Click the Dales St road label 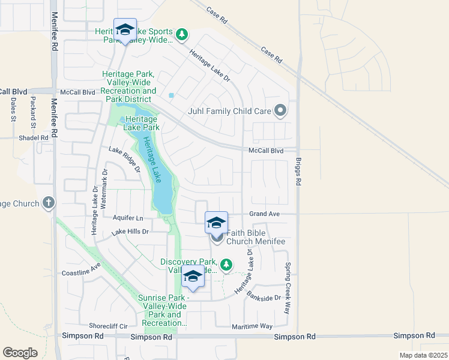[x=13, y=110]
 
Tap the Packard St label [x=33, y=112]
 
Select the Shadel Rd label [x=33, y=137]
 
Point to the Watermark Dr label [x=104, y=188]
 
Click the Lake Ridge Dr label [x=124, y=160]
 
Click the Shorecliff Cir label [x=109, y=326]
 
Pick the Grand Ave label [x=265, y=214]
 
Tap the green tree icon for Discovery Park [x=226, y=264]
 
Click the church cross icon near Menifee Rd [x=48, y=203]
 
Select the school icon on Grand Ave [x=216, y=223]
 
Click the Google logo [x=20, y=353]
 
